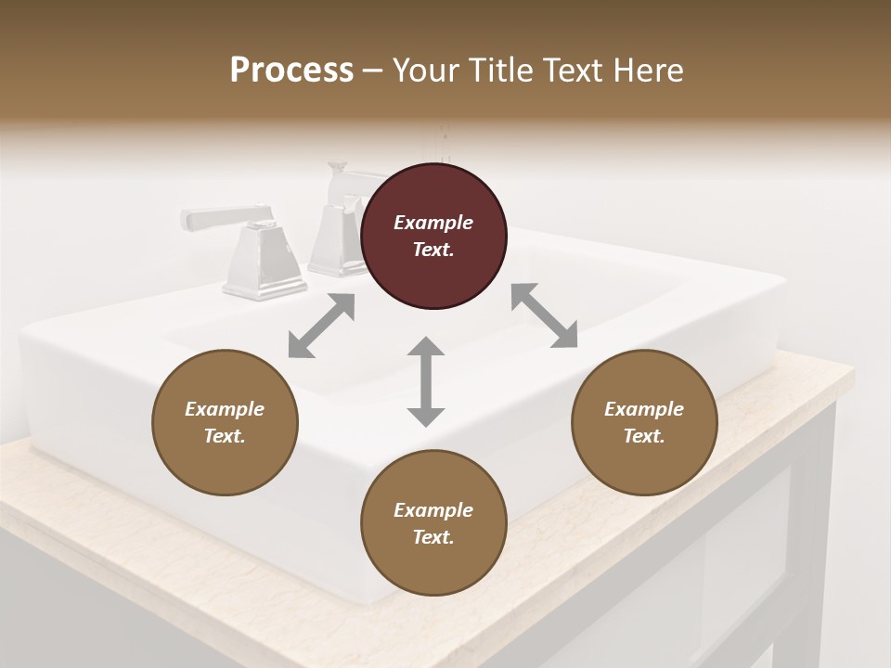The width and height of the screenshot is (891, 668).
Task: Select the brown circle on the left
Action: point(225,422)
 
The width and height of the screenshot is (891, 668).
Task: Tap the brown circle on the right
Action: point(644,422)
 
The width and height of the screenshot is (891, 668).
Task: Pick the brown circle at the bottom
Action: point(433,523)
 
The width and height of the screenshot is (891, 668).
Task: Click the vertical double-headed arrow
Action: point(426,381)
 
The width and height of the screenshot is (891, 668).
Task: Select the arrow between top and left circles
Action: point(321,326)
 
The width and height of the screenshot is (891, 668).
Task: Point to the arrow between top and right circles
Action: point(544,315)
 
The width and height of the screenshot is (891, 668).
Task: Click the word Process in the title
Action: point(291,70)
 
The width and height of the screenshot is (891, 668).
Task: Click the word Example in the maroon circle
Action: point(433,223)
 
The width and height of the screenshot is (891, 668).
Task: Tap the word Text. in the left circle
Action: point(225,436)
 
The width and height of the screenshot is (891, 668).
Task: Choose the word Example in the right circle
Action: point(644,409)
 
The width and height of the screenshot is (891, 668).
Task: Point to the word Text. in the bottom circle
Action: point(433,537)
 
